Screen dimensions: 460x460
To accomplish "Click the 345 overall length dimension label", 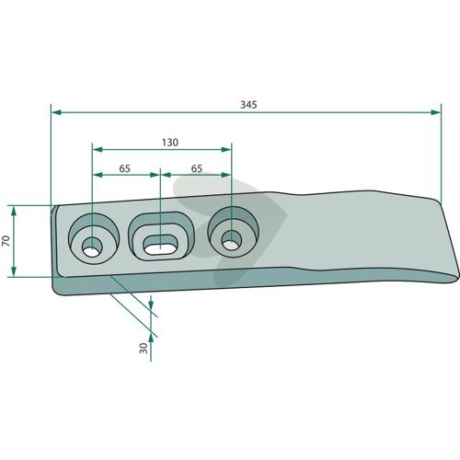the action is coord(248,105).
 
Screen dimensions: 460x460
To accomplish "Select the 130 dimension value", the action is coord(170,143).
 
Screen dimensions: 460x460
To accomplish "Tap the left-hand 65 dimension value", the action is coord(124,168).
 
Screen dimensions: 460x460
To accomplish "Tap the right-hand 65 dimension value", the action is coord(197,168).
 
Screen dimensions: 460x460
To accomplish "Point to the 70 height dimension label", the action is coord(6,241).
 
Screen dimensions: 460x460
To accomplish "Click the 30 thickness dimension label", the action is coord(144,348).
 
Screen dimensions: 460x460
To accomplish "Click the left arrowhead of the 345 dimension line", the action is coord(56,112).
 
